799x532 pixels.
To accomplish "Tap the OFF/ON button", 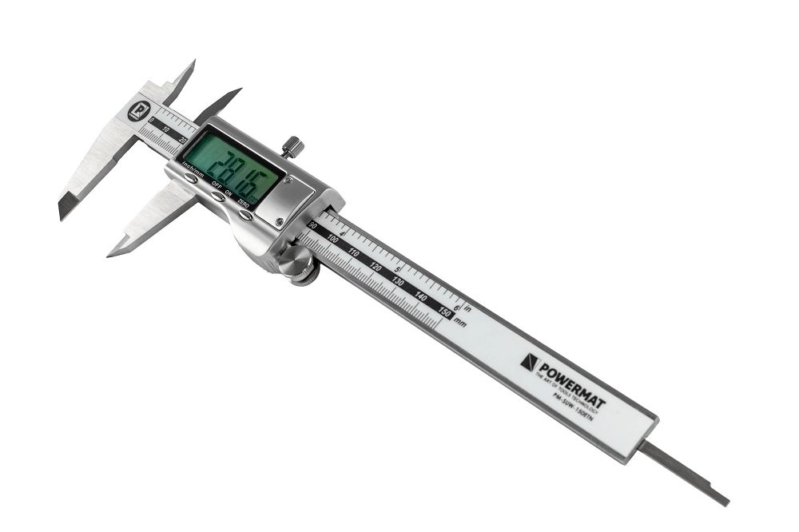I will click(218, 196).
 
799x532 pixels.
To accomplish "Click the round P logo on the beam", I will click(137, 112).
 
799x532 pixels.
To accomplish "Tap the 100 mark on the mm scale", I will click(333, 240).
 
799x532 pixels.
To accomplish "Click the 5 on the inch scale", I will click(398, 269).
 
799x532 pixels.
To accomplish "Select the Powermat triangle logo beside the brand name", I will click(528, 363).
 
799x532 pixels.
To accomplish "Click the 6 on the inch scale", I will click(456, 305).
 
